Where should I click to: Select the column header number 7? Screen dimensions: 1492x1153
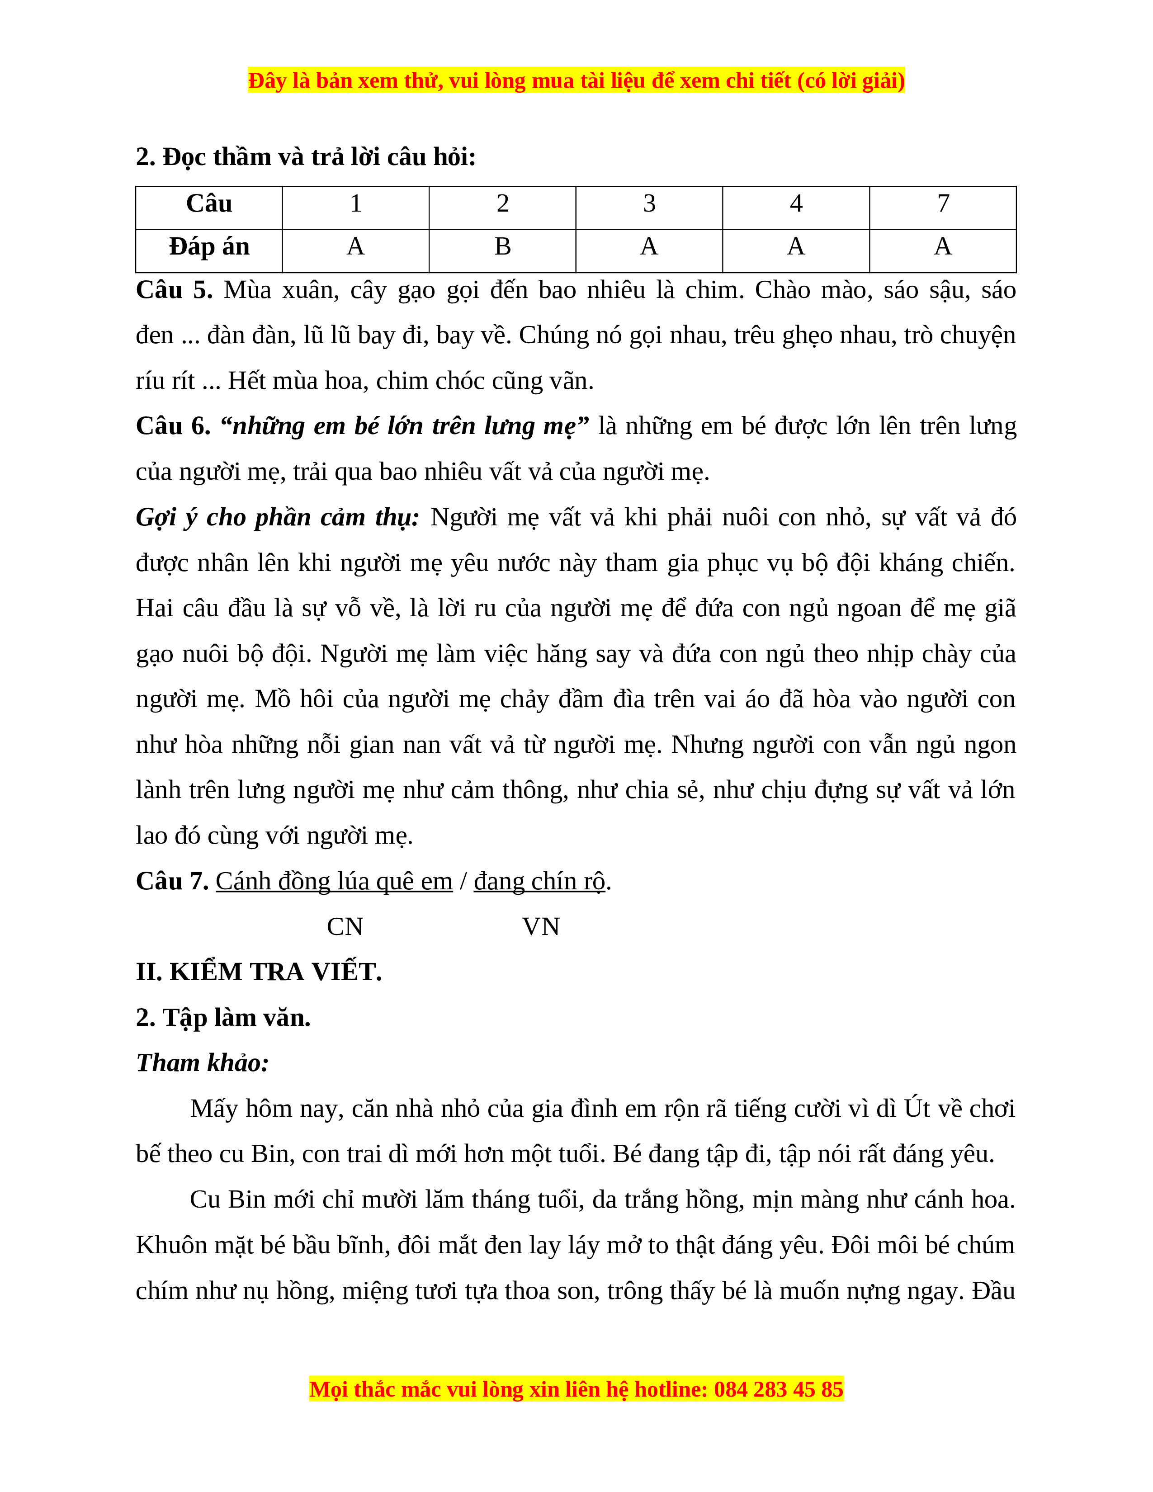pos(943,203)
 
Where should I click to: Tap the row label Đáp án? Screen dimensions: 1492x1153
pos(209,246)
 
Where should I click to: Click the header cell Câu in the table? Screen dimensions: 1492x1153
pos(209,203)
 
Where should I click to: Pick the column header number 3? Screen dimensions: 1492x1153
pos(649,203)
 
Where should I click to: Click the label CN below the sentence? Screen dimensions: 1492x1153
pos(345,927)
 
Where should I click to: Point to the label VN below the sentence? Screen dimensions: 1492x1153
pos(541,927)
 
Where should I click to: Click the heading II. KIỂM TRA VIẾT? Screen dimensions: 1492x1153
pos(259,972)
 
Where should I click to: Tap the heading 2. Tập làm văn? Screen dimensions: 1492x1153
pos(223,1018)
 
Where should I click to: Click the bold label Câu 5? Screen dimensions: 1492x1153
pos(174,290)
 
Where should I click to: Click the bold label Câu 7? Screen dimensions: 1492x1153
pos(172,881)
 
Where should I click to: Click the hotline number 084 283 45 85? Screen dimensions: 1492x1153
pos(779,1389)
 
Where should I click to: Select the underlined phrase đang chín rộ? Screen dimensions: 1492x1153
pos(539,881)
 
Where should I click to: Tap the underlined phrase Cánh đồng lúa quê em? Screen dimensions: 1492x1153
pos(334,881)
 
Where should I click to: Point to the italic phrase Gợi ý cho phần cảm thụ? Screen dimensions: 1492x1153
pos(277,517)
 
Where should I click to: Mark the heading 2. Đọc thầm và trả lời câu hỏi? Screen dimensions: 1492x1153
pos(305,157)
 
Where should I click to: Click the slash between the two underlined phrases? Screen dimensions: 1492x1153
pos(463,881)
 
